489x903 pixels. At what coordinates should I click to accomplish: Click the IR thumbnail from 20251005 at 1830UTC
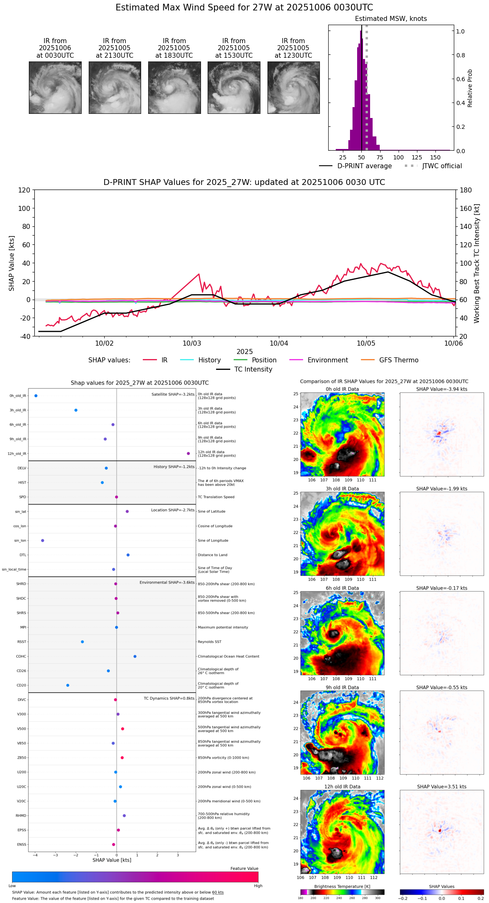coord(174,87)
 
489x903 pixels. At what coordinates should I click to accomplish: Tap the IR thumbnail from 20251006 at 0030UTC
coord(55,87)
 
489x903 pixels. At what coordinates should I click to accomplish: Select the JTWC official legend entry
coord(442,166)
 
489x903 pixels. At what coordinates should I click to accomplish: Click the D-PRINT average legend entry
coord(364,166)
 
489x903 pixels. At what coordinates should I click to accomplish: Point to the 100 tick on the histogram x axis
coord(399,157)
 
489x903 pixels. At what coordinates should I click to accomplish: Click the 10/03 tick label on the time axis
coord(192,344)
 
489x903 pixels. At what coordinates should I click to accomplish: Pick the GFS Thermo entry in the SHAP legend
coord(399,360)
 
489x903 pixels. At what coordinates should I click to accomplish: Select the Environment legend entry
coord(327,360)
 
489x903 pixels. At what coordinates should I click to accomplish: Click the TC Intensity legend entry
coord(253,369)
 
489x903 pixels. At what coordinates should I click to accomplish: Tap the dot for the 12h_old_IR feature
coord(188,454)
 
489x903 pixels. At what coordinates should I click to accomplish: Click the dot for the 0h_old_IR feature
coord(36,396)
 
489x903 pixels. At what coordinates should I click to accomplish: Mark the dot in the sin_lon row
coord(43,541)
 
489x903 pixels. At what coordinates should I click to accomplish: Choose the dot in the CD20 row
coord(68,685)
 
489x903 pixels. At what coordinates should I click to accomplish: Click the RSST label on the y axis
coord(21,642)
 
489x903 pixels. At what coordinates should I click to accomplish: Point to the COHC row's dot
coord(135,657)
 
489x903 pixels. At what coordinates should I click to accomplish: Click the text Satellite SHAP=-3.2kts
coord(173,395)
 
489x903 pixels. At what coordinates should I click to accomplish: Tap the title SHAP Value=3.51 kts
coord(442,787)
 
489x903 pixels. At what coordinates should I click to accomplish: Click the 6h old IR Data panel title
coord(342,588)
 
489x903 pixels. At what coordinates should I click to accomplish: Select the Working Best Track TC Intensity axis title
coord(477,264)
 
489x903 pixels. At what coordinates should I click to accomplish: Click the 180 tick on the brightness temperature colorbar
coord(301,898)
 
